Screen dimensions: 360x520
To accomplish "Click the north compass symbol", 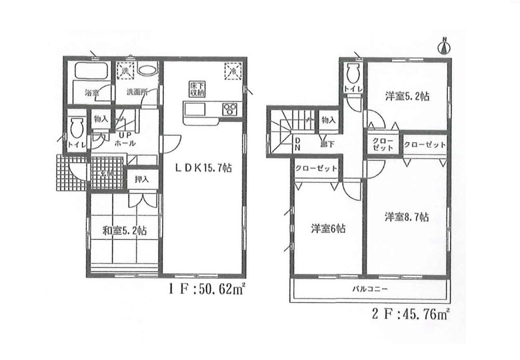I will coord(445,47).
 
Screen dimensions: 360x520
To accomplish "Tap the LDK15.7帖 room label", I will coord(203,169).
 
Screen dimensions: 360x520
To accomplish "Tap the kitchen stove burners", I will coord(229,109).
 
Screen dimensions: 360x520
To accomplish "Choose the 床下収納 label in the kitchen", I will coord(195,89).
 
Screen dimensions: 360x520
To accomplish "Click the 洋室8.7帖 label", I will coord(407,218).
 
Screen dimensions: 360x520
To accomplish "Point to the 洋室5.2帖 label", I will coord(407,96).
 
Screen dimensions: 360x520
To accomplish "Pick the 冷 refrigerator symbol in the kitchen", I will coord(232,71).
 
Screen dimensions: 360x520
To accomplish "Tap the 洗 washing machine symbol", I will coord(125,70).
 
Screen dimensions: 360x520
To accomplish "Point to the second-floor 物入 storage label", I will coord(329,120).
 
